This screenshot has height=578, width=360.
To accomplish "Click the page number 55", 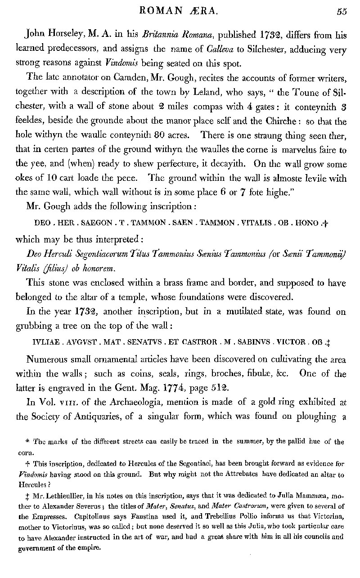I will (x=342, y=12).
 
